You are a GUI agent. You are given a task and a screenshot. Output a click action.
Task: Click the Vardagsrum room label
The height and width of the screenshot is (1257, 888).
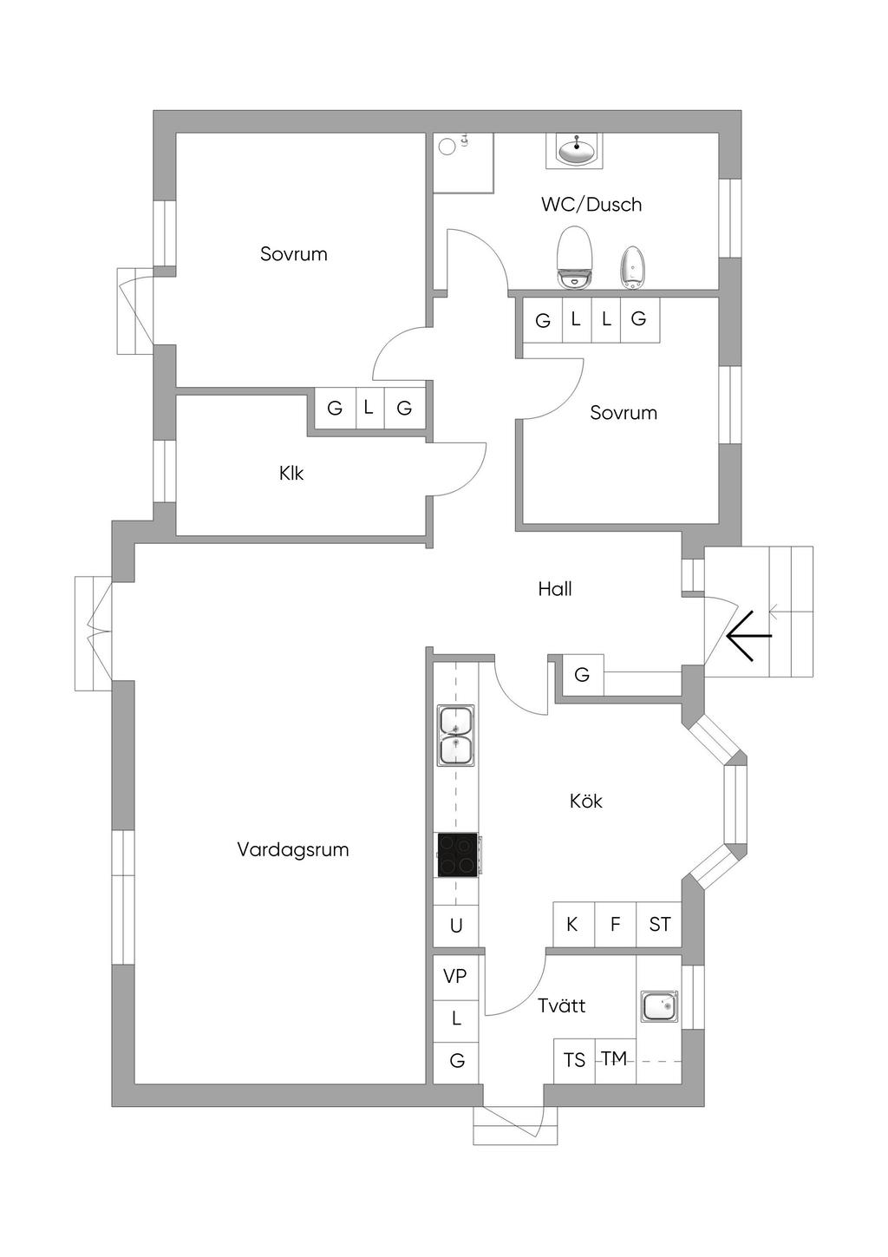pyautogui.click(x=293, y=850)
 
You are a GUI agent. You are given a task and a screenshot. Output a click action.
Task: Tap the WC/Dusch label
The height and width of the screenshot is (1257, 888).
pyautogui.click(x=591, y=205)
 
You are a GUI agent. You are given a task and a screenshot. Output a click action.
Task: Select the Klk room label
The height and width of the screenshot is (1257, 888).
pyautogui.click(x=291, y=474)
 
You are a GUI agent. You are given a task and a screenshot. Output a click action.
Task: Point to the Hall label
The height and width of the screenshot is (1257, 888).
pyautogui.click(x=555, y=589)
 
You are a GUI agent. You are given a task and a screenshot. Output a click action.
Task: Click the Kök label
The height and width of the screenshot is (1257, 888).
pyautogui.click(x=585, y=801)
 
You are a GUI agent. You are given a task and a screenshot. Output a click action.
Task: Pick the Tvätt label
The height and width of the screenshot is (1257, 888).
pyautogui.click(x=562, y=1005)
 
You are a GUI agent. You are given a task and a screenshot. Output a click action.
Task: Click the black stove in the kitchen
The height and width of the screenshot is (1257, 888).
pyautogui.click(x=458, y=855)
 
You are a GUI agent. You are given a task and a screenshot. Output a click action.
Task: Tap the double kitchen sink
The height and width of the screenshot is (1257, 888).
pyautogui.click(x=455, y=735)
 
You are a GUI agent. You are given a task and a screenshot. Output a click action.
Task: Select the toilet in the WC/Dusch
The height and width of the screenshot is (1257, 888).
pyautogui.click(x=574, y=258)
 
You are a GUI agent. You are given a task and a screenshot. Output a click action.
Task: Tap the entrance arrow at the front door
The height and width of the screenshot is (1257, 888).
pyautogui.click(x=749, y=636)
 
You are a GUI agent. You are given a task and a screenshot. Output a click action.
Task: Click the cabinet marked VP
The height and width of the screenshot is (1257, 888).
pyautogui.click(x=455, y=977)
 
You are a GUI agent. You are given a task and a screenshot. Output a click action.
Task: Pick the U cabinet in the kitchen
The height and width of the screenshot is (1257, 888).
pyautogui.click(x=455, y=926)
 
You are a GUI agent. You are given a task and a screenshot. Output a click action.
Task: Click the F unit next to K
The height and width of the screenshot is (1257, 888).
pyautogui.click(x=616, y=924)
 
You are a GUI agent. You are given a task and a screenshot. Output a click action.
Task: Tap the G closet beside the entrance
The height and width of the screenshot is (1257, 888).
pyautogui.click(x=582, y=675)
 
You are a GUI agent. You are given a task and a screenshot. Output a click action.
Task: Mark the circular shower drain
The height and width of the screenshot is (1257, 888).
pyautogui.click(x=447, y=147)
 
